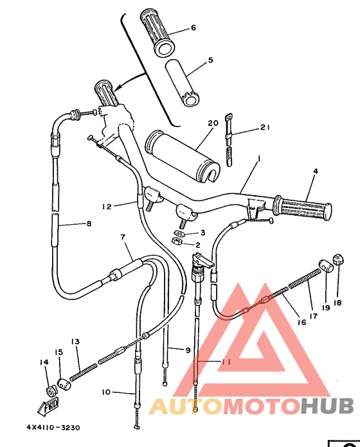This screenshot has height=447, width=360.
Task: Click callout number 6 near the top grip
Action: (192, 28)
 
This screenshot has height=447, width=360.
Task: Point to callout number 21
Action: (264, 128)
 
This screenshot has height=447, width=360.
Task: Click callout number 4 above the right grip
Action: (315, 171)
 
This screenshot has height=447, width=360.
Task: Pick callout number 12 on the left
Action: (107, 206)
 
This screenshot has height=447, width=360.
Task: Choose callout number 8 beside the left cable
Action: (89, 224)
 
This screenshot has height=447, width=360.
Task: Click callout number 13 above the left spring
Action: (75, 342)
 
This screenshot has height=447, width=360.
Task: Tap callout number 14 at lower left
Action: (44, 363)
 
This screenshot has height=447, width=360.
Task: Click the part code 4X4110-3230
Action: (53, 426)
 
